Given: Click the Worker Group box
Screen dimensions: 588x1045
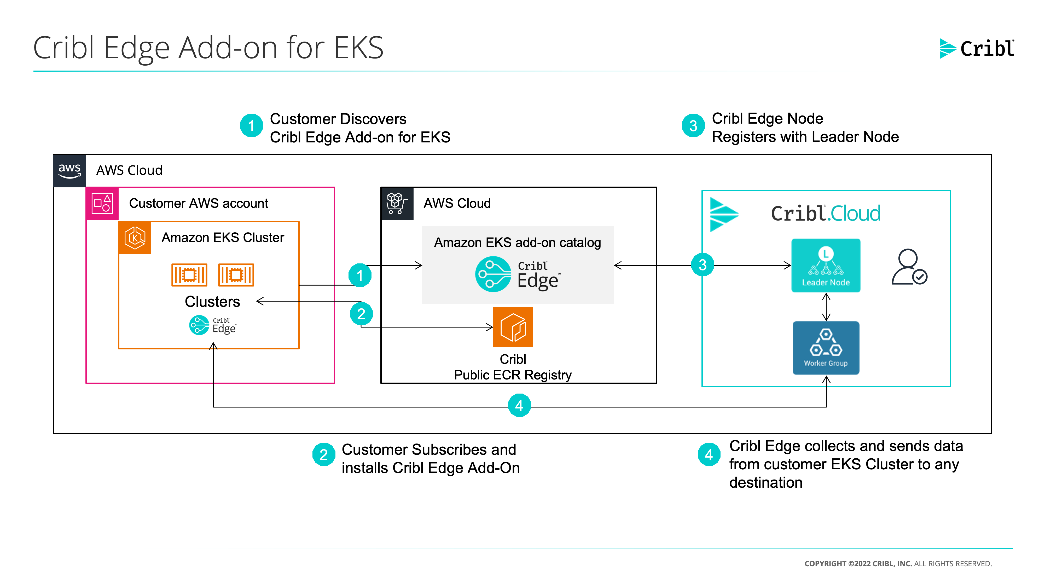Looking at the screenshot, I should click(x=826, y=348).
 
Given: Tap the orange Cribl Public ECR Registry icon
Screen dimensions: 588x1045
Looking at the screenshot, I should click(x=513, y=327).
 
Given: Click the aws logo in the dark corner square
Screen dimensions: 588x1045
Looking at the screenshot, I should click(x=69, y=170).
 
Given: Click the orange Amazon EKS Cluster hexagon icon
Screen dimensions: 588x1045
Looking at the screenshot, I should click(x=135, y=238).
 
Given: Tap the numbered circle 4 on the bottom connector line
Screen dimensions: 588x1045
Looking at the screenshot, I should click(x=519, y=405).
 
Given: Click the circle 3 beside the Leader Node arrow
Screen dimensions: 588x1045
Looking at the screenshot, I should click(x=703, y=265).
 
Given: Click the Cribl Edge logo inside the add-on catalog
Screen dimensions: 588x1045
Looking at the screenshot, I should click(x=518, y=275).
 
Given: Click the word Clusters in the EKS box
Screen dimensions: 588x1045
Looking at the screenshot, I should click(x=212, y=302).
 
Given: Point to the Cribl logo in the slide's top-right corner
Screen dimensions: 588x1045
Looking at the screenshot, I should click(x=977, y=49).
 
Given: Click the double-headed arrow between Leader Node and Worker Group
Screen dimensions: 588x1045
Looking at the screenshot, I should click(x=826, y=307).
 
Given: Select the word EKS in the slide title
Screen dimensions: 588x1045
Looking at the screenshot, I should click(x=359, y=48).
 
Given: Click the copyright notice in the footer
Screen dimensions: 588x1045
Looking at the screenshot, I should click(x=898, y=564).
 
